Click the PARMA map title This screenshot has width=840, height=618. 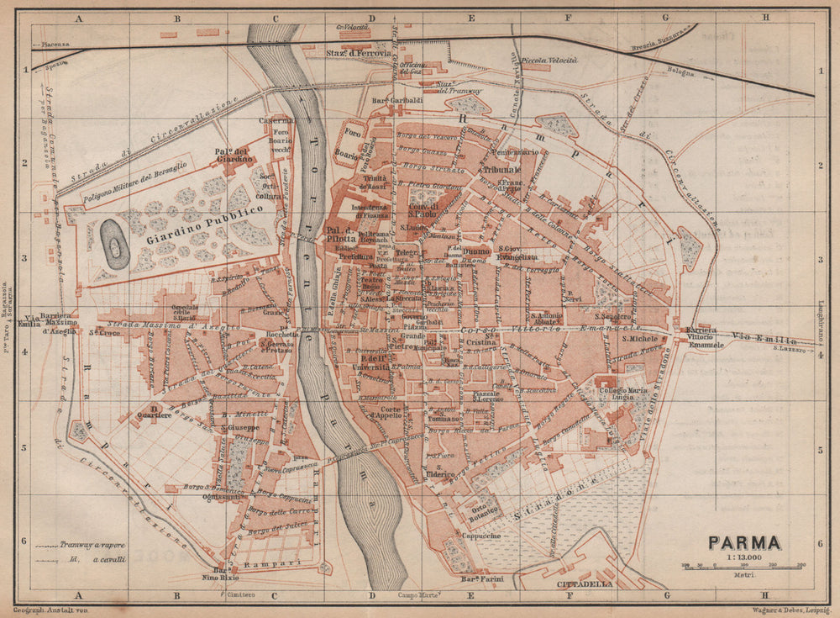point(743,543)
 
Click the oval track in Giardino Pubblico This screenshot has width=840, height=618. point(115,244)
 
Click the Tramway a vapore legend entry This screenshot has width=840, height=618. point(84,545)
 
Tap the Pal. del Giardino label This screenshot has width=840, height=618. point(227,155)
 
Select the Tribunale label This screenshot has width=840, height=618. point(502,170)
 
